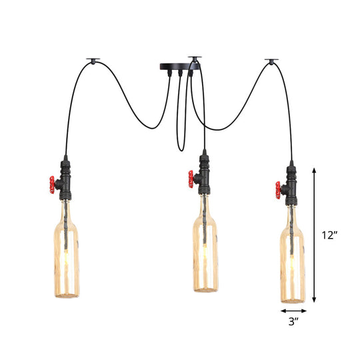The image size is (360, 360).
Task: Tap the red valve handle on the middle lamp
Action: tap(191, 178)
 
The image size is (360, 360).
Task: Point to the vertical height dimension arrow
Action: tap(315, 235)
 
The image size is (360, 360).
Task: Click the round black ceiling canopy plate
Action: tap(177, 67)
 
